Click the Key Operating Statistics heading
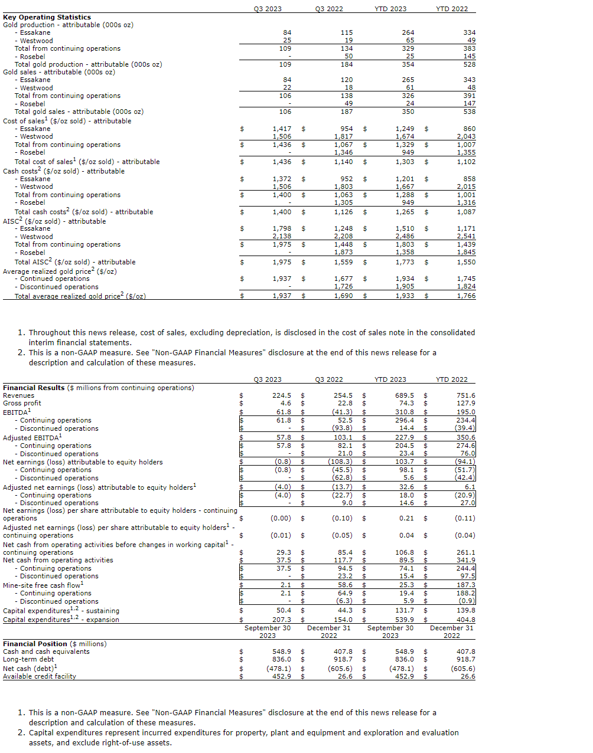point(47,17)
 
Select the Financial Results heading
point(34,388)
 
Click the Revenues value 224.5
point(282,395)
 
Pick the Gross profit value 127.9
point(465,404)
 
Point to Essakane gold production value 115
point(347,32)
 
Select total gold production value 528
point(469,64)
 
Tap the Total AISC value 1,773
point(405,262)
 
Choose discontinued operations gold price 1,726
point(343,286)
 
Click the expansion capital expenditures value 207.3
point(282,620)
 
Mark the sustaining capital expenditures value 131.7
point(405,610)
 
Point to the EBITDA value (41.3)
point(342,412)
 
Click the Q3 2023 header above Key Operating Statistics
point(268,9)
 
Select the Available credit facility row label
point(40,676)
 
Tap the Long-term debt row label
point(28,659)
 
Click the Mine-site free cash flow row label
point(43,585)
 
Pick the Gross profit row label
point(21,404)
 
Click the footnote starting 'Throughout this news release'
point(252,337)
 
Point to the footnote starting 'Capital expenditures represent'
point(243,737)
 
